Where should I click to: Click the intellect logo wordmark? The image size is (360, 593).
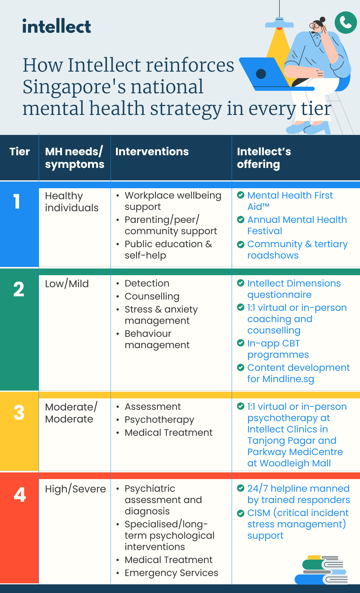(x=56, y=26)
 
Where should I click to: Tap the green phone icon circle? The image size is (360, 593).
(x=346, y=22)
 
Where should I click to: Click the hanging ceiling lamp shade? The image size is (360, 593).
(x=279, y=24)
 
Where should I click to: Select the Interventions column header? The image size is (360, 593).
(x=152, y=152)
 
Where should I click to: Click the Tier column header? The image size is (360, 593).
(x=20, y=152)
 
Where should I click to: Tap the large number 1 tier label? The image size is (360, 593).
(x=17, y=202)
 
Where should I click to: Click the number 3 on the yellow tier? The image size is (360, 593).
(x=19, y=412)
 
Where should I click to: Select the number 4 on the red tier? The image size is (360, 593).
(x=20, y=495)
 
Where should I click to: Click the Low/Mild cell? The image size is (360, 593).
(x=67, y=284)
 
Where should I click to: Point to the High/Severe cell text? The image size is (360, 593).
(x=75, y=489)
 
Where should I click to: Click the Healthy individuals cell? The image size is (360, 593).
(x=72, y=202)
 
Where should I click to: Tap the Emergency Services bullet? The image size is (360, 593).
(x=171, y=573)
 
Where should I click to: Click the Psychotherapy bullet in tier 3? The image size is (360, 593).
(x=159, y=420)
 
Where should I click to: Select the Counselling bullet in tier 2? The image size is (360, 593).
(x=152, y=296)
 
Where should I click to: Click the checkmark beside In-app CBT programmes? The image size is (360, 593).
(x=241, y=343)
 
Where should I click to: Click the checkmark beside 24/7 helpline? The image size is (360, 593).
(x=241, y=488)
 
